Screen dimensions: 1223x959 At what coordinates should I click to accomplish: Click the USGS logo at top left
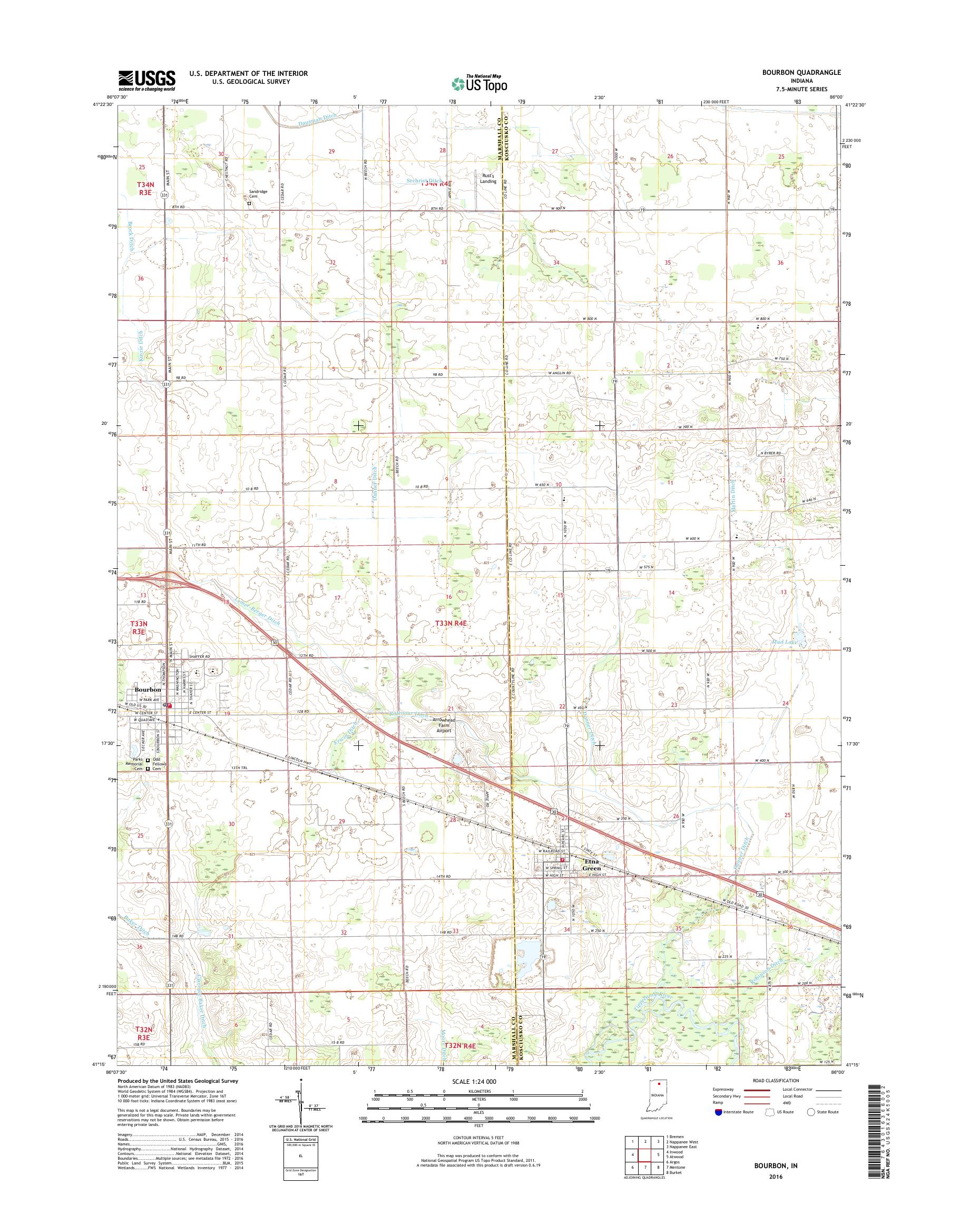pos(146,80)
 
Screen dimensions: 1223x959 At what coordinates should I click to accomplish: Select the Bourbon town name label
pos(147,690)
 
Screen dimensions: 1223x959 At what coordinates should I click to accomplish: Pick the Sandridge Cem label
pos(258,194)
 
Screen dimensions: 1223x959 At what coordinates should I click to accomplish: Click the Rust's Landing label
pos(488,178)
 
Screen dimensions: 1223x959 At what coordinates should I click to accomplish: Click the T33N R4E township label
pos(452,623)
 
